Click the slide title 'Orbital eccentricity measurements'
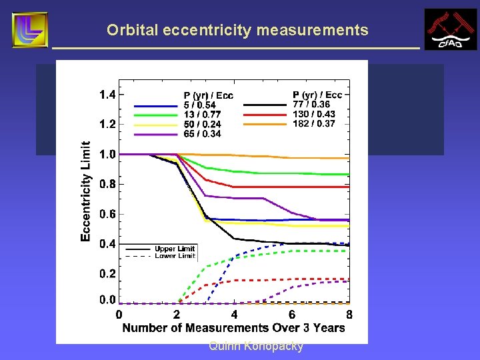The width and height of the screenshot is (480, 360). [237, 30]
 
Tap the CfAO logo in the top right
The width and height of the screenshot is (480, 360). [451, 29]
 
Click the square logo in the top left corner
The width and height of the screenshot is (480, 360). [30, 30]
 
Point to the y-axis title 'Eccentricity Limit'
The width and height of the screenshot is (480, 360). [86, 191]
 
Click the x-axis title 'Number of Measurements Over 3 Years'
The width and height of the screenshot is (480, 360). [233, 327]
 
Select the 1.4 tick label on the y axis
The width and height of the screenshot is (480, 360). [107, 95]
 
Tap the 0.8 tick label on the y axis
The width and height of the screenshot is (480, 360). [107, 184]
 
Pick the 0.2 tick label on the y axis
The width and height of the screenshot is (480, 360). [107, 274]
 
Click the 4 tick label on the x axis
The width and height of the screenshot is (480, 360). [234, 315]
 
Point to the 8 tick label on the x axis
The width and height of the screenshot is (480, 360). [349, 315]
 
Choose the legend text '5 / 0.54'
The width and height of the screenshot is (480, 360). [199, 105]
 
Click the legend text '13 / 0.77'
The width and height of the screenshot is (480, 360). [201, 115]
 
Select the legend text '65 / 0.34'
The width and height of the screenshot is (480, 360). [202, 133]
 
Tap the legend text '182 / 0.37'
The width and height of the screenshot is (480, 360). [314, 124]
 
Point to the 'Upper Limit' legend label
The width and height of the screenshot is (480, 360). [175, 249]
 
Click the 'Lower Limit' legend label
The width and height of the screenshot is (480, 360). [175, 256]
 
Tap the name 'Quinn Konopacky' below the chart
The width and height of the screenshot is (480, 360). [255, 346]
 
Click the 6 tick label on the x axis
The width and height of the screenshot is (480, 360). [292, 315]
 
